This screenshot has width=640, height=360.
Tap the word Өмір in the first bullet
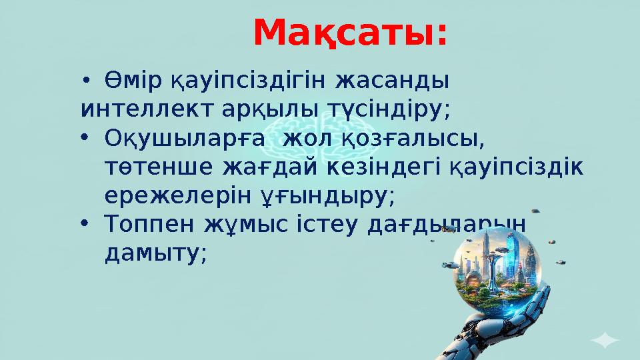click(133, 83)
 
